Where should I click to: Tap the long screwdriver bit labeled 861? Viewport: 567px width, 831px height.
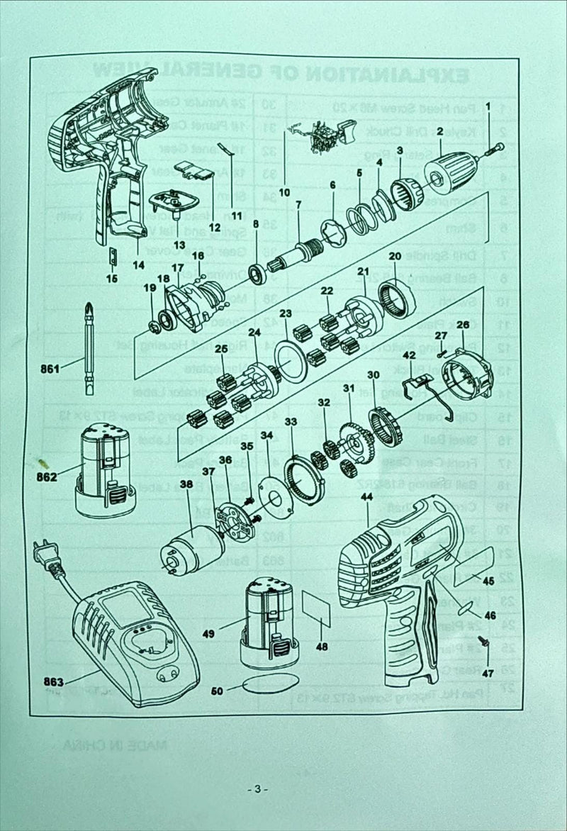point(90,348)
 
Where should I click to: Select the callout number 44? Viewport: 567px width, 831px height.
point(366,498)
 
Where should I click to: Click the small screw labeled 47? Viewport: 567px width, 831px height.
point(485,642)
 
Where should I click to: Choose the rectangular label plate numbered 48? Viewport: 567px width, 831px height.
point(315,608)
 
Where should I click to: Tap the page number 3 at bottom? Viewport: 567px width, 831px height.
point(258,788)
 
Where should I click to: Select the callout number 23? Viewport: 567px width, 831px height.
point(285,313)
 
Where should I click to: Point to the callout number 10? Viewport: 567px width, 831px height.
point(284,191)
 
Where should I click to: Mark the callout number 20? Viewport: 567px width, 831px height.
point(395,256)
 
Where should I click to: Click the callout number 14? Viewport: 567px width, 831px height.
point(137,265)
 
